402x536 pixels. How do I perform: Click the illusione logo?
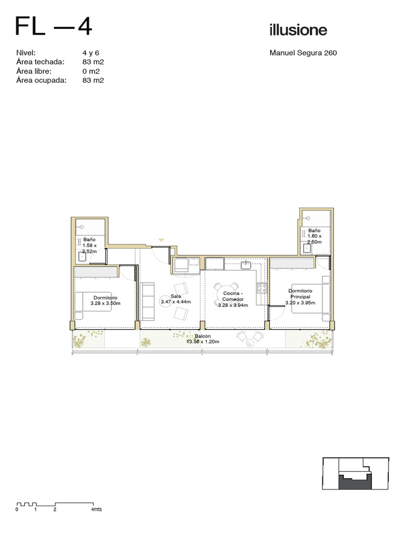[298, 30]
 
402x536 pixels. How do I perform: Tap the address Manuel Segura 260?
[303, 53]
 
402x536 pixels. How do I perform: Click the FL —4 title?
[54, 26]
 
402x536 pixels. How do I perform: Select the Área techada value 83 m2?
[93, 62]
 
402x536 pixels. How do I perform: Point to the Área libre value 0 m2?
[91, 71]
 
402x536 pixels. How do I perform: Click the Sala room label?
[176, 296]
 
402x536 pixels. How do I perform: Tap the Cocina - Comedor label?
[233, 296]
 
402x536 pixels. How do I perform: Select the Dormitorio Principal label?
[300, 294]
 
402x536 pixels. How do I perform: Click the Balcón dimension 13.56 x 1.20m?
[203, 341]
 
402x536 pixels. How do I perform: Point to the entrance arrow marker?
[161, 240]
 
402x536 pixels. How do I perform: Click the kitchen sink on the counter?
[246, 264]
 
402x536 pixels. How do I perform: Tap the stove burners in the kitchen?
[262, 287]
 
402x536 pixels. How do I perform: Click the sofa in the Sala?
[147, 301]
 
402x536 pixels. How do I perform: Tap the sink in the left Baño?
[82, 256]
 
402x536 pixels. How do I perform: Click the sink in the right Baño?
[307, 248]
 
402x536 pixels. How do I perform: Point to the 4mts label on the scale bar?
[96, 509]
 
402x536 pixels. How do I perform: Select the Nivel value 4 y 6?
[91, 53]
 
